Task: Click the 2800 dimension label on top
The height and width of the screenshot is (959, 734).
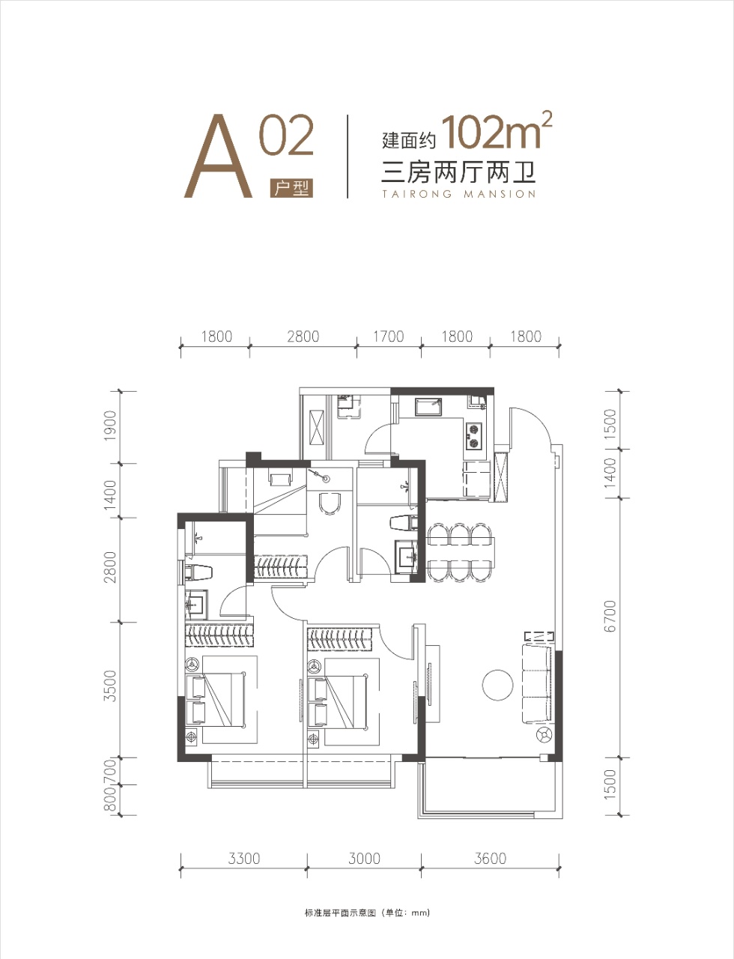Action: point(303,336)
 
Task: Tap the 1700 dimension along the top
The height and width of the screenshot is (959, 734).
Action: point(388,336)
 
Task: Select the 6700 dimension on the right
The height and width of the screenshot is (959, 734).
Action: point(610,616)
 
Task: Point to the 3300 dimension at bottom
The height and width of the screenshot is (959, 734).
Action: point(244,859)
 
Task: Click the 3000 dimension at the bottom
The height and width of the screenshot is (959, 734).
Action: point(364,859)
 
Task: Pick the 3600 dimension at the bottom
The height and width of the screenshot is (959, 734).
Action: point(490,859)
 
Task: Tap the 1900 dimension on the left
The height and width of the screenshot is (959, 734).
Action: point(110,426)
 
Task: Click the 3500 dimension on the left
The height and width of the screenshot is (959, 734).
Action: point(110,686)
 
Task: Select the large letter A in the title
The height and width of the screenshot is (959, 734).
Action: point(218,156)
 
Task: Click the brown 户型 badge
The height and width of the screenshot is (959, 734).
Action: point(291,189)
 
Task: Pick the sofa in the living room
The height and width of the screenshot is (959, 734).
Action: point(536,685)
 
